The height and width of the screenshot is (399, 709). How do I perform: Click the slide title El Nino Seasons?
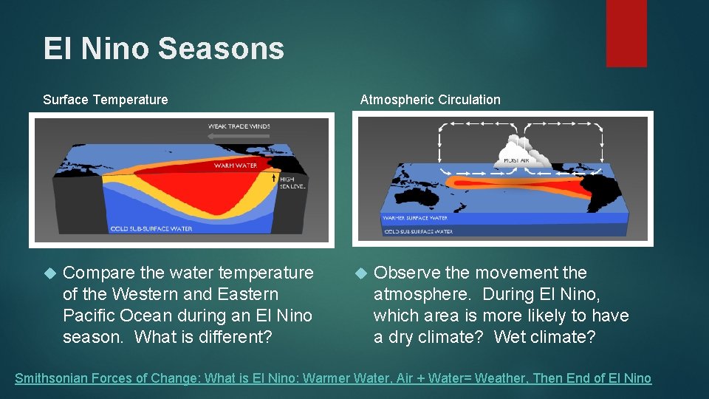point(163,49)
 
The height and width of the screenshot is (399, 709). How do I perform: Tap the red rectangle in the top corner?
point(626,33)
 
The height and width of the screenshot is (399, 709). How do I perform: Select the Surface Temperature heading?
point(105,100)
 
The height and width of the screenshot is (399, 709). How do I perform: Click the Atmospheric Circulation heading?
point(430,100)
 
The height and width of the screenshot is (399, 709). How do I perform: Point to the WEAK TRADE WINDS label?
point(239,126)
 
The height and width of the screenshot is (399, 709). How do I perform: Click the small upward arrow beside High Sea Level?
point(274,177)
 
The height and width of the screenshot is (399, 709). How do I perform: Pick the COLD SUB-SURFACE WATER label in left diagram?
point(151,229)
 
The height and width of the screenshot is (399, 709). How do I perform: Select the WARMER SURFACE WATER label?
point(414,218)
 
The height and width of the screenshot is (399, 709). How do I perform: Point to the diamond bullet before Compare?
point(49,273)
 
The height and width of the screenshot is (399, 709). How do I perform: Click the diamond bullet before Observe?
point(360,273)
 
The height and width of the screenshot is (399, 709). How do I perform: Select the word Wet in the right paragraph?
point(509,337)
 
